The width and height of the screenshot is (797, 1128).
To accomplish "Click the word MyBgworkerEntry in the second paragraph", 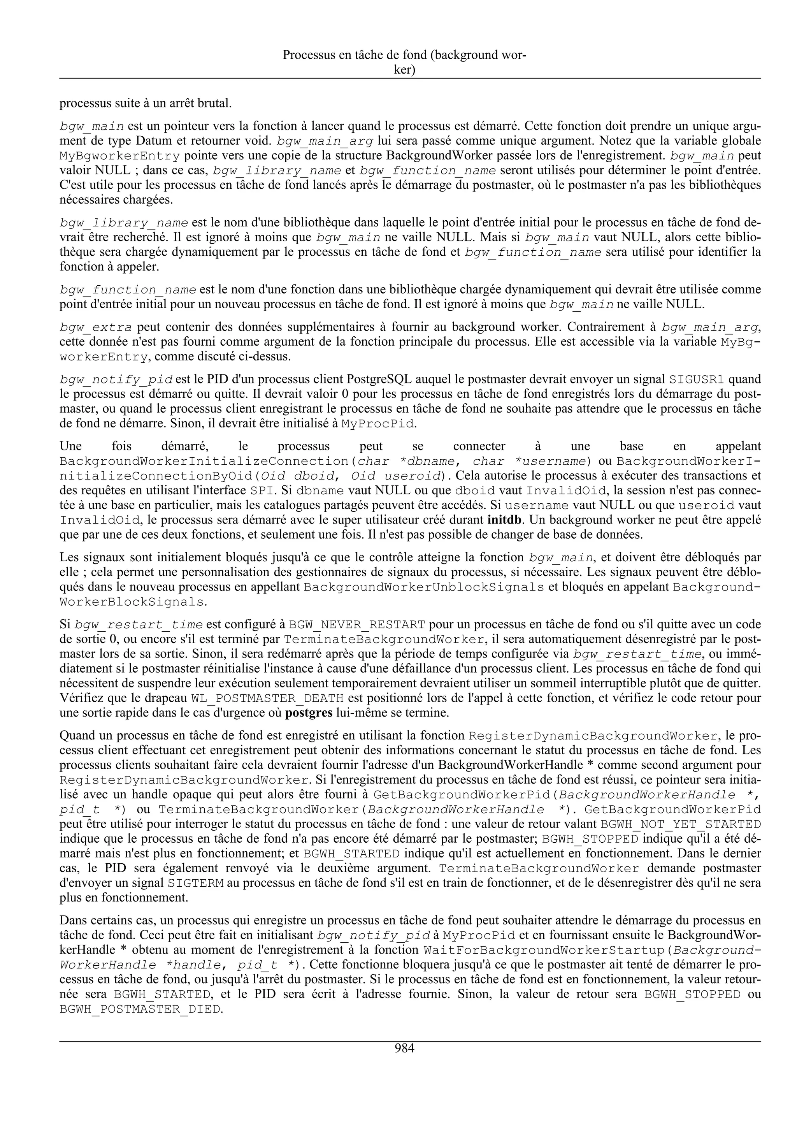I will [x=120, y=156].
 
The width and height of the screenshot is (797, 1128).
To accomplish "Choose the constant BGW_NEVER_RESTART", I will [x=357, y=625].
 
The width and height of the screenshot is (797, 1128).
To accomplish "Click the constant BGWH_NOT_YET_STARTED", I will [x=681, y=824].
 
